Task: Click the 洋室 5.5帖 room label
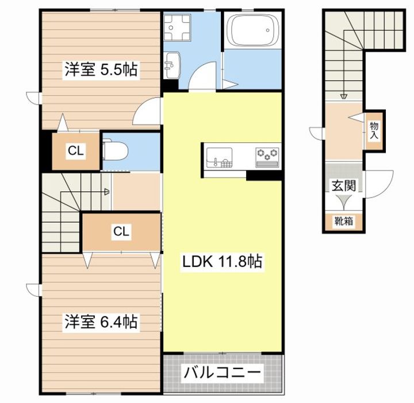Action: pos(100,71)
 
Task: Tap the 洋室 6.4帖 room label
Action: pos(100,322)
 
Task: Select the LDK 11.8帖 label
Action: pos(223,262)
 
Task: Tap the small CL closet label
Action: pos(76,151)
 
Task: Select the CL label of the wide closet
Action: pos(121,231)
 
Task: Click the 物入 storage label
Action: pos(374,130)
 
